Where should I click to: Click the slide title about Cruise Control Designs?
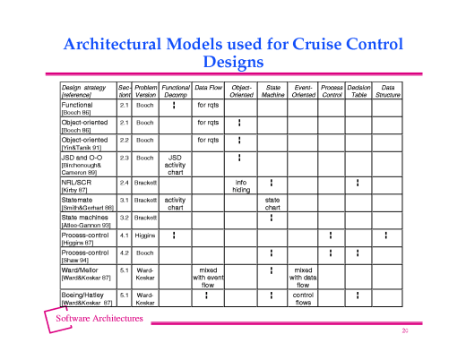pyautogui.click(x=233, y=53)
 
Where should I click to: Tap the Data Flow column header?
pyautogui.click(x=208, y=90)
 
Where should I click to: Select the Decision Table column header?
pyautogui.click(x=358, y=90)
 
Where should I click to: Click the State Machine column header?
pyautogui.click(x=272, y=90)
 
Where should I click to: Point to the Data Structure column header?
pyautogui.click(x=388, y=90)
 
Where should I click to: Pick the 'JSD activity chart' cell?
pyautogui.click(x=176, y=166)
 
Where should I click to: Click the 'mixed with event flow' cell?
pyautogui.click(x=208, y=278)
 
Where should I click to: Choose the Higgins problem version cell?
pyautogui.click(x=145, y=236)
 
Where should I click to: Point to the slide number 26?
pyautogui.click(x=405, y=331)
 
